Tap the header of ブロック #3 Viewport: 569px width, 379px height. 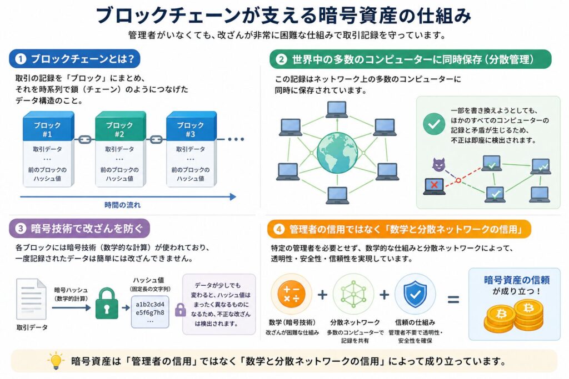pyautogui.click(x=190, y=129)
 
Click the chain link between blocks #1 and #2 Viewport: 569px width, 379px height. pyautogui.click(x=83, y=139)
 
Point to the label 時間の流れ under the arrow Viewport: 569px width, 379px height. pyautogui.click(x=122, y=205)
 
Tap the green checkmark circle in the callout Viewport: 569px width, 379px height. pyautogui.click(x=433, y=124)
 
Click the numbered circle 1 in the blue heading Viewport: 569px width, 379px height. pyautogui.click(x=21, y=59)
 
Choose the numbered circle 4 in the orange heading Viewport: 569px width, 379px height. pyautogui.click(x=279, y=229)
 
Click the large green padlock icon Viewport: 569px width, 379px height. pyautogui.click(x=107, y=305)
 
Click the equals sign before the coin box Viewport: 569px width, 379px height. pyautogui.click(x=453, y=300)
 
